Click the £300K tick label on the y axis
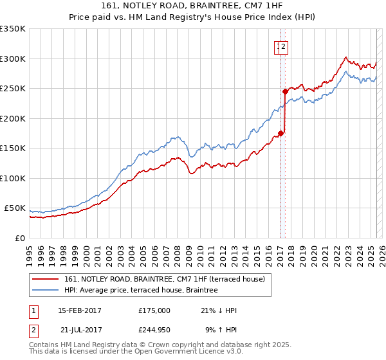coord(12,59)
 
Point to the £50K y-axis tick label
coord(14,208)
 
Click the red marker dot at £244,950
coord(284,92)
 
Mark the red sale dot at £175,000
coord(280,134)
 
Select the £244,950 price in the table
coord(154,330)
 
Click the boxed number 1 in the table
coord(33,310)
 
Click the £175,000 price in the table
coord(154,310)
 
